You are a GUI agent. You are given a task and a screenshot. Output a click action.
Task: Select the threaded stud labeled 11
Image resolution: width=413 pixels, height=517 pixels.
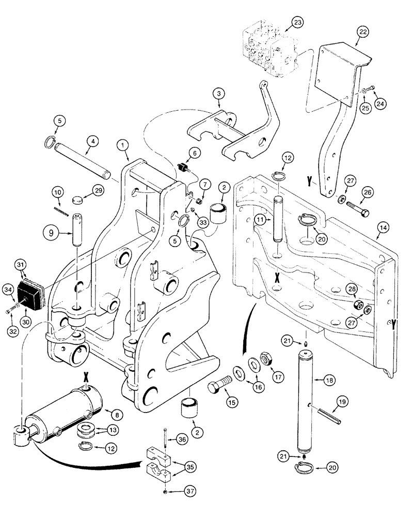tap(277, 216)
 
